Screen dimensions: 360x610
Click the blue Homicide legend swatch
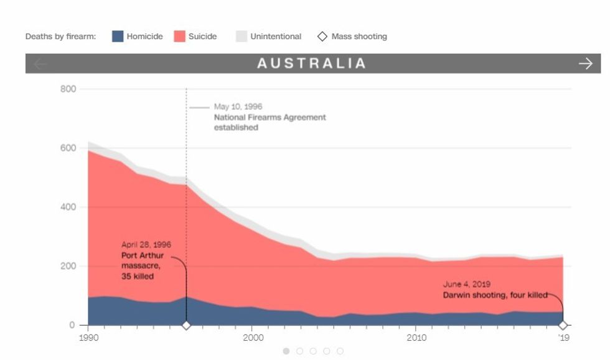coord(118,36)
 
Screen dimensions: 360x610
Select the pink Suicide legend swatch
coord(179,36)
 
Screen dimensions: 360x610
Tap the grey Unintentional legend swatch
coord(242,36)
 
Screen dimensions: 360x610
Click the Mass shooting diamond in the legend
coord(322,36)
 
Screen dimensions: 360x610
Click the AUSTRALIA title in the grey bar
coord(311,64)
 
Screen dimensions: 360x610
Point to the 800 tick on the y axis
coord(68,89)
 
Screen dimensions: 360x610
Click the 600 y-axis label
coord(68,148)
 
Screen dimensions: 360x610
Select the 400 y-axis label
coord(68,207)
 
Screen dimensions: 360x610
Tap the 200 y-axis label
coord(68,266)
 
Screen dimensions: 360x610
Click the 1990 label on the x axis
coord(88,338)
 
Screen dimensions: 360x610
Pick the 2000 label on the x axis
coord(252,338)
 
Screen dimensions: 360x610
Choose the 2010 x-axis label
coord(416,338)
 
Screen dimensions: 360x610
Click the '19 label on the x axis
coord(563,338)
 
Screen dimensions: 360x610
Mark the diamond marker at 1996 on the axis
coord(185,325)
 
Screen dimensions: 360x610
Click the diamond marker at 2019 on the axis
coord(563,325)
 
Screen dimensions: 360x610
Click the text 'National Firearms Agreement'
coord(270,117)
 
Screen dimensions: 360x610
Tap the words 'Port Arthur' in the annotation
coord(143,255)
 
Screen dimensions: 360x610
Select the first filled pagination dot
coord(286,351)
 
